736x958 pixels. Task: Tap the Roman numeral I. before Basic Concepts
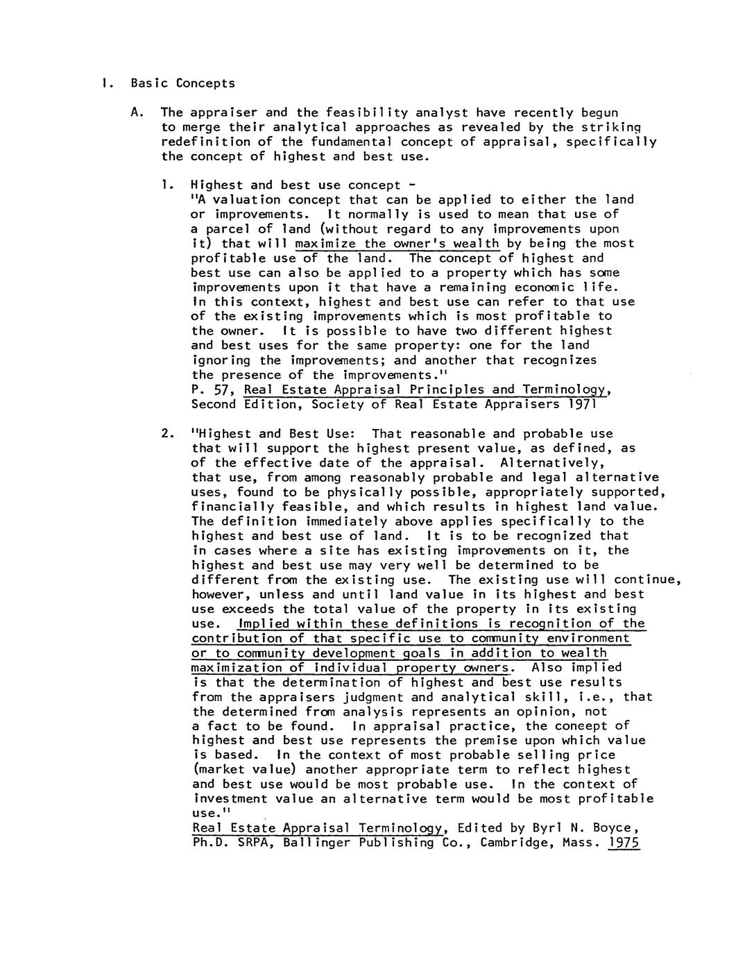[x=103, y=83]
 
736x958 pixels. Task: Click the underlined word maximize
[x=326, y=244]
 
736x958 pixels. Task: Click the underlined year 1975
[x=623, y=843]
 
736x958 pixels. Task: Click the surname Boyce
[x=610, y=828]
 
